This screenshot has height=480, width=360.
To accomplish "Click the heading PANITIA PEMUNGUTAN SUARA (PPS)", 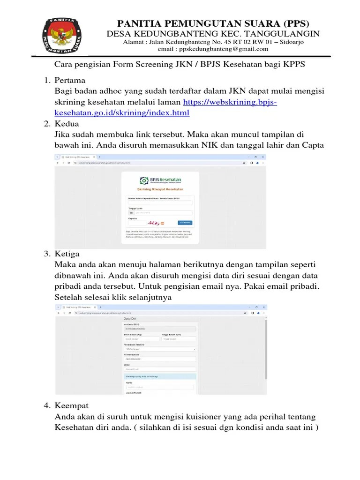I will pos(213,23).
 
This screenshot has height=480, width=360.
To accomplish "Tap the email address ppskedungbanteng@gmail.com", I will pos(213,49).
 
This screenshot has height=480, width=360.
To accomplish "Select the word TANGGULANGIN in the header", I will pos(287,34).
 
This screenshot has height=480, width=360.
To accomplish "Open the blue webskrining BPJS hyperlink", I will pos(230,102).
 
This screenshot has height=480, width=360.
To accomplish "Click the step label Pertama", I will pos(70,80).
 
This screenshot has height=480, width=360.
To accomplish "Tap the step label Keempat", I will pos(71,405).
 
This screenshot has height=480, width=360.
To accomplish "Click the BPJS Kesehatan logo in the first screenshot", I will pos(160,180).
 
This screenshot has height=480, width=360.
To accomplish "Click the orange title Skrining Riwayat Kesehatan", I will pos(160,189).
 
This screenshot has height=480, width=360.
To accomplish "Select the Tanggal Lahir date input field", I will pos(160,213).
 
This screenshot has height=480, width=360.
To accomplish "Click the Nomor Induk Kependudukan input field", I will pos(160,202).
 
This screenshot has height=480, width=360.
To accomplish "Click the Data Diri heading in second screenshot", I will pos(130,318).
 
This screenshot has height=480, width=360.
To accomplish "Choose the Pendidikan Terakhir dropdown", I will pos(160,349).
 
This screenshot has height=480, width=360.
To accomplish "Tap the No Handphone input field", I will pos(160,359).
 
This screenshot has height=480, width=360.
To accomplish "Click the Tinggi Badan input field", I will pos(179,339).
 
